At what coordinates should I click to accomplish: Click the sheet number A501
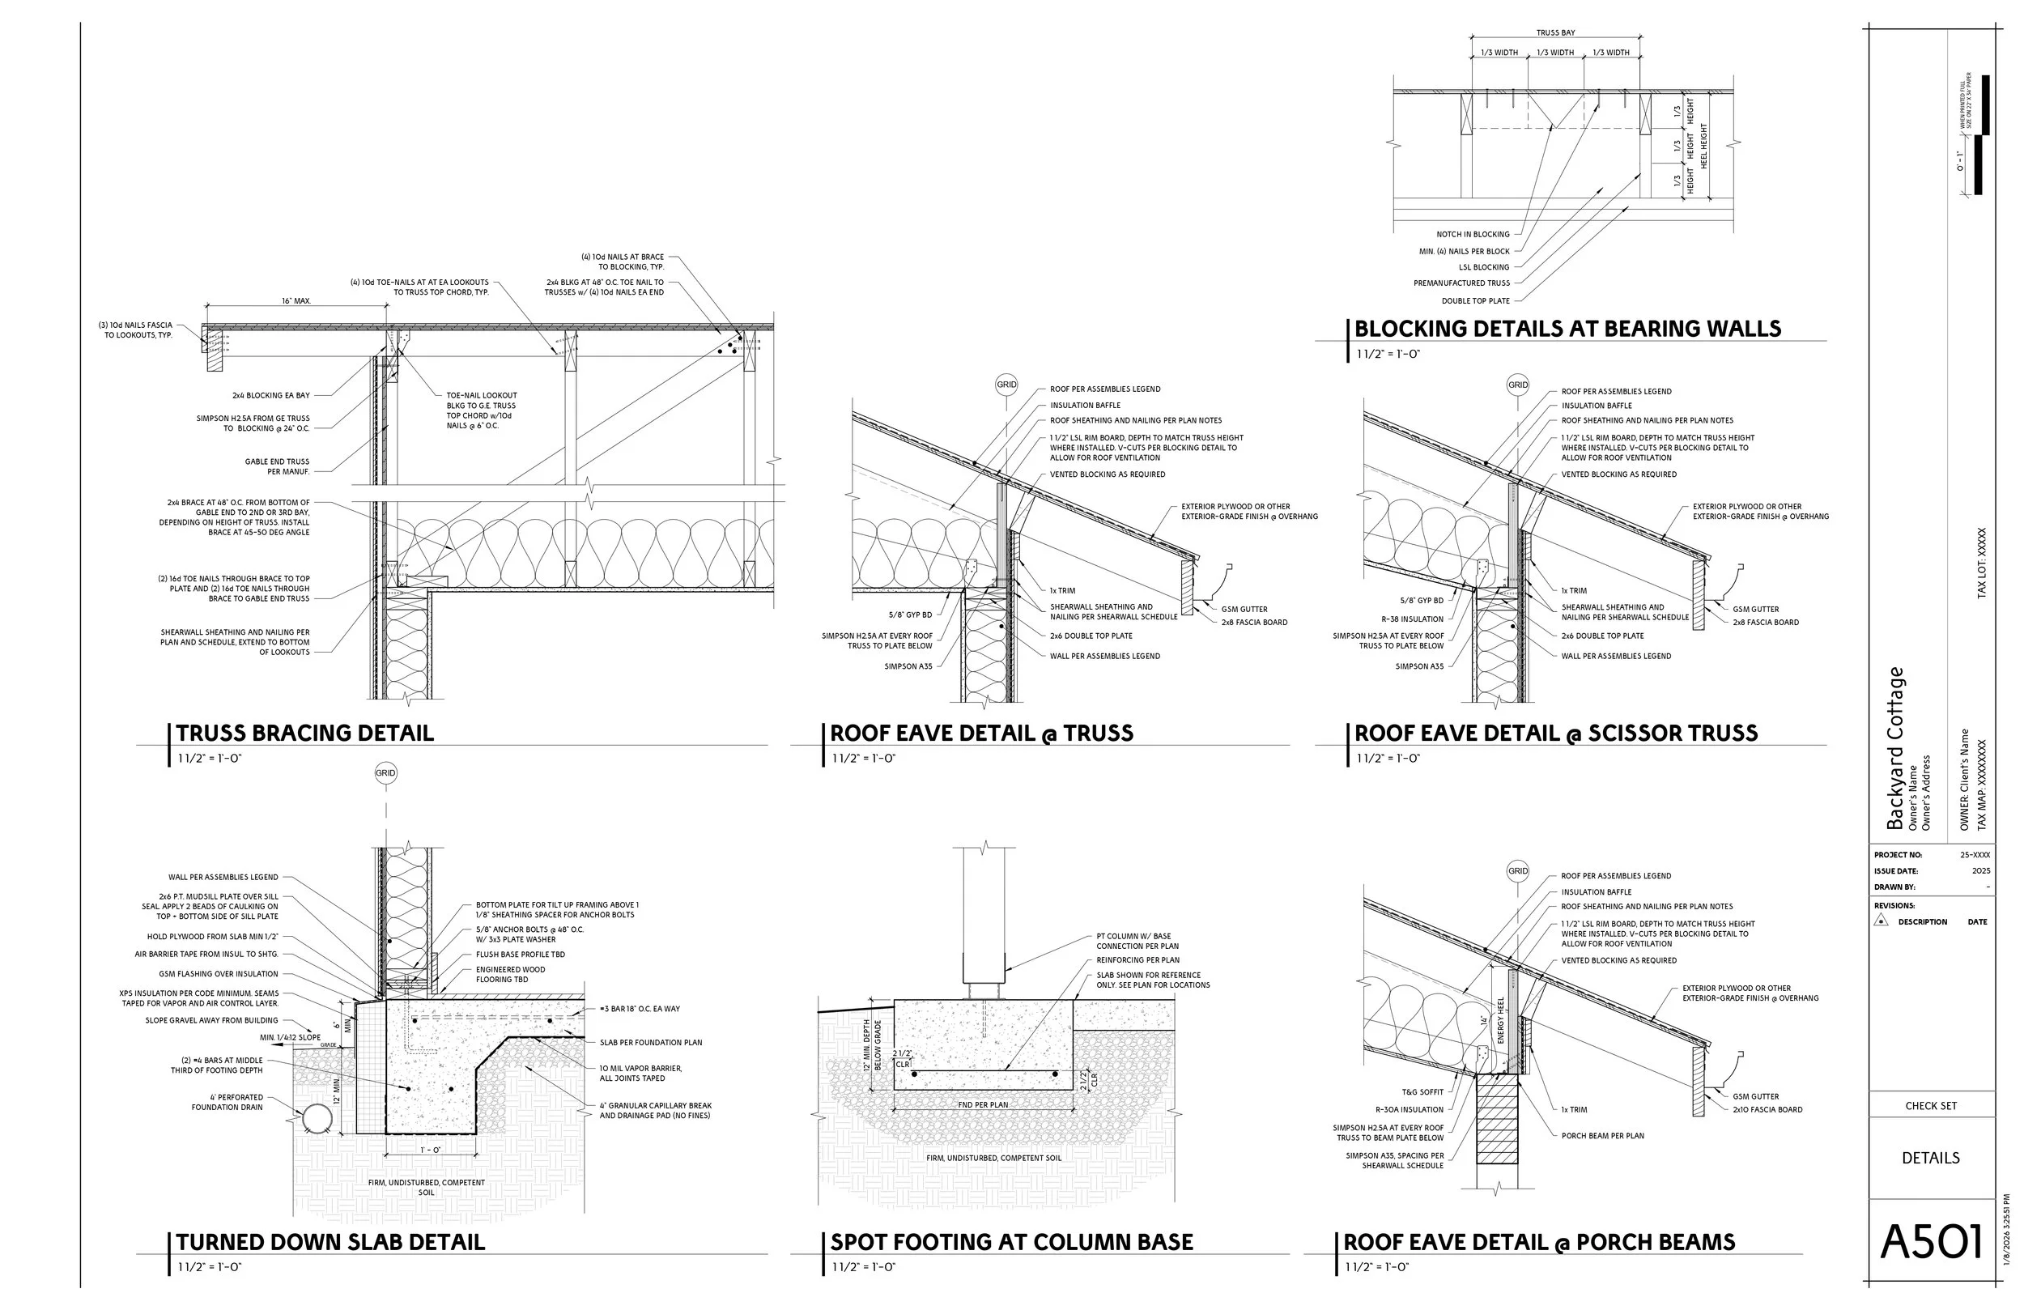click(x=1932, y=1243)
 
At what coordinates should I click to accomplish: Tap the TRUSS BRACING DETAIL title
click(x=304, y=734)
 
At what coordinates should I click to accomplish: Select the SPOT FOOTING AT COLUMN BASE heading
click(x=1011, y=1242)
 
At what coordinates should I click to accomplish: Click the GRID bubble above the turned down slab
click(x=385, y=773)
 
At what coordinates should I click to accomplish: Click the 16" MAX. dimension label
click(x=296, y=301)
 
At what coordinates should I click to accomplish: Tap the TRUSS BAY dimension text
click(x=1555, y=33)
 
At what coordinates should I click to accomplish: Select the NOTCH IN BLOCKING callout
click(x=1473, y=235)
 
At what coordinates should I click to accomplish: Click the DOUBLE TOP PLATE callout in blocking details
click(x=1475, y=301)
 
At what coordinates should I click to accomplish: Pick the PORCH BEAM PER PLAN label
click(x=1602, y=1136)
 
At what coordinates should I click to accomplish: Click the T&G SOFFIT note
click(x=1422, y=1092)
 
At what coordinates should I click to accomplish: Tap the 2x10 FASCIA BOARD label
click(x=1767, y=1109)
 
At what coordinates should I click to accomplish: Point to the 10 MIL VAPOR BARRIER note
click(x=640, y=1069)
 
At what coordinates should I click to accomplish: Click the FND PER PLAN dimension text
click(x=982, y=1105)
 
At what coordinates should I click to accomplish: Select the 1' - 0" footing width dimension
click(x=429, y=1150)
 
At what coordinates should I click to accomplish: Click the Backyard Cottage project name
click(x=1894, y=749)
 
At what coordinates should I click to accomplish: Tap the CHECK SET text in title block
click(x=1930, y=1106)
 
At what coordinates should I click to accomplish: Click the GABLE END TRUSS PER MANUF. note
click(x=277, y=467)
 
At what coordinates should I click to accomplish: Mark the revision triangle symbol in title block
click(x=1882, y=921)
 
